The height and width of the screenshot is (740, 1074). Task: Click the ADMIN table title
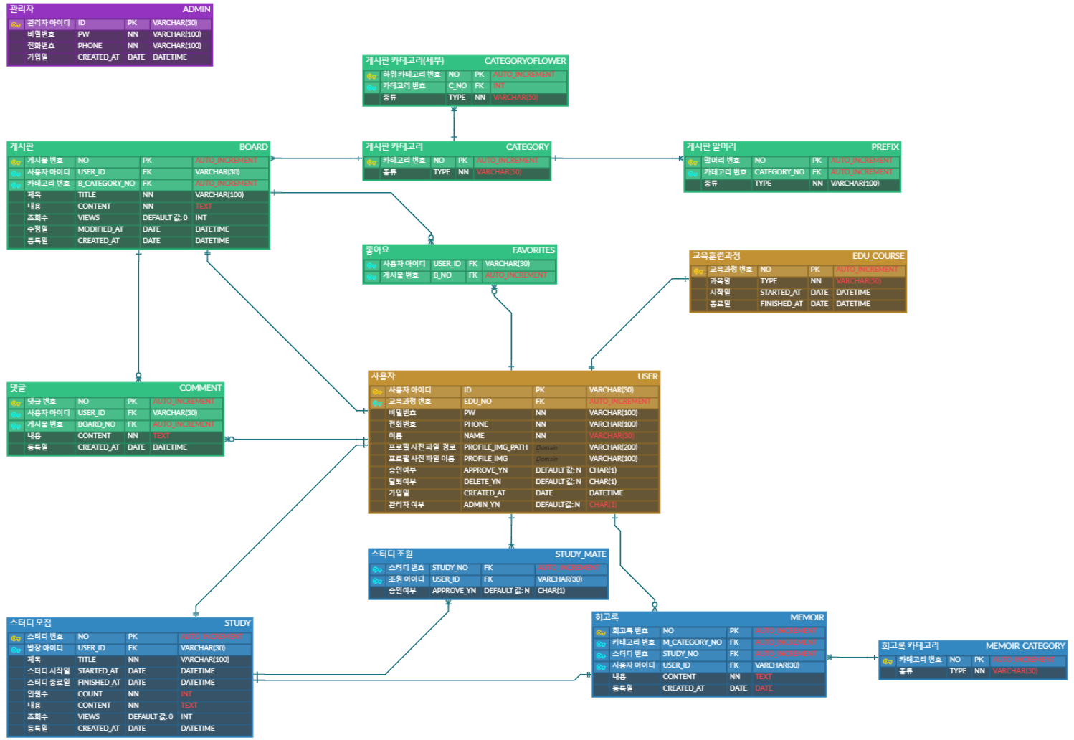pos(196,9)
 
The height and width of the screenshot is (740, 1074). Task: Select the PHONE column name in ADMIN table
pos(90,46)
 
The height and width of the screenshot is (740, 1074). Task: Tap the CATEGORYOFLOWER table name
pos(525,61)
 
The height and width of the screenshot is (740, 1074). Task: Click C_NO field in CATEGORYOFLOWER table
pos(457,86)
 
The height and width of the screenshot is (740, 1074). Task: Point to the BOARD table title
pos(253,147)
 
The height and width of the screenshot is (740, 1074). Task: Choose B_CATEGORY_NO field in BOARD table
pos(106,184)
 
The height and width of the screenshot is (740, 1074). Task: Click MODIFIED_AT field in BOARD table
pos(100,229)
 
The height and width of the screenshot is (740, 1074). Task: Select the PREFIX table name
pos(885,147)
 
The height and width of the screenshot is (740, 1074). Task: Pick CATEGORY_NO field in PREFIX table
pos(779,172)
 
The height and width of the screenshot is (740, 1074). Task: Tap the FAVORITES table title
pos(533,250)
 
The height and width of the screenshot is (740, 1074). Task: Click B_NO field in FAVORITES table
pos(442,275)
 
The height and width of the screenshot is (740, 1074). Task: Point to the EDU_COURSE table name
pos(878,256)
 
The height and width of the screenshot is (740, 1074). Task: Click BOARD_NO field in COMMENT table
pos(96,424)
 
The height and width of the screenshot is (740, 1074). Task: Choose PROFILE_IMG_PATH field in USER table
pos(495,447)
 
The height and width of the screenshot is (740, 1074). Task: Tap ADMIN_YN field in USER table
pos(482,505)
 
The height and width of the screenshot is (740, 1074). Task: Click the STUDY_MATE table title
pos(580,554)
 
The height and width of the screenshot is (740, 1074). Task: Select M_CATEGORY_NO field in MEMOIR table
pos(692,642)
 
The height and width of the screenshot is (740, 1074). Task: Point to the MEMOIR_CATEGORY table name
pos(1025,646)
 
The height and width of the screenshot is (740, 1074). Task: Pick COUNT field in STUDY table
pos(90,694)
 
